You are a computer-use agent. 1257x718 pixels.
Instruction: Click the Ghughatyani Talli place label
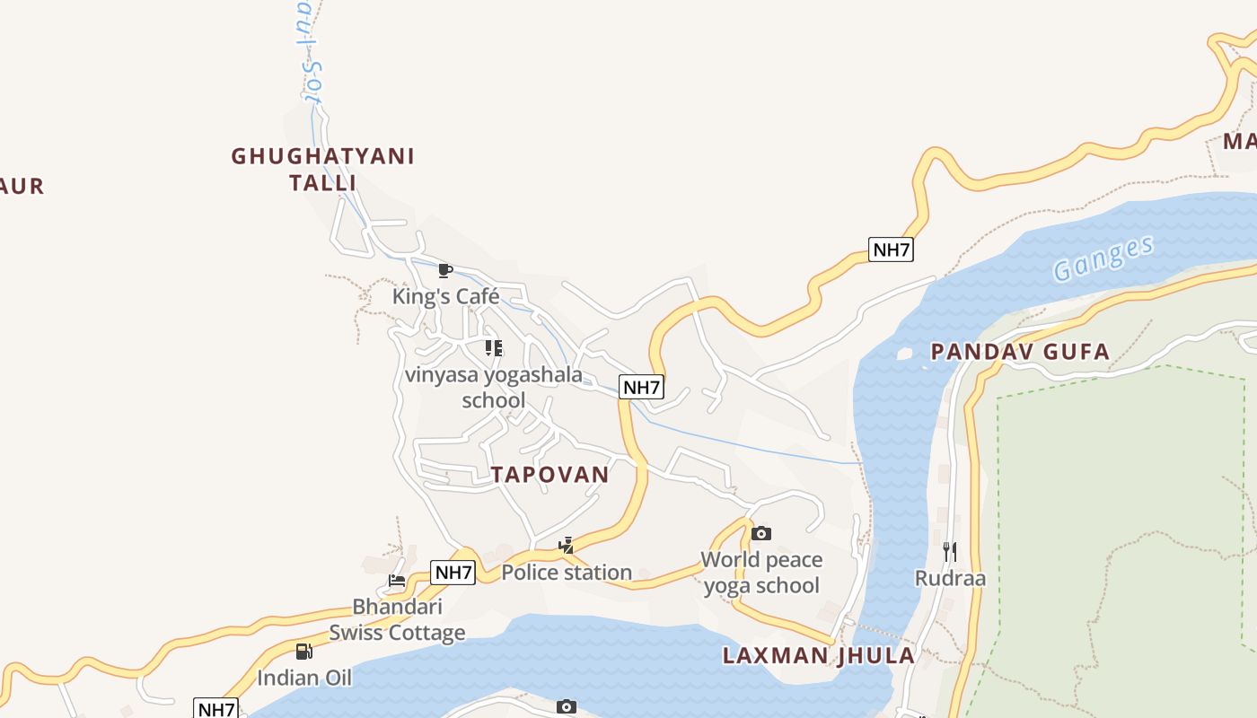tap(323, 169)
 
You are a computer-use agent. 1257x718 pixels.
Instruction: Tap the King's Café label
tap(445, 296)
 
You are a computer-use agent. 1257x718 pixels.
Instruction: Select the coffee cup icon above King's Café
tap(444, 270)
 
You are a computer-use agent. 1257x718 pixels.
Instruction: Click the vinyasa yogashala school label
tap(494, 387)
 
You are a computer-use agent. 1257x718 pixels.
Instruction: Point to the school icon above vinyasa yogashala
tap(493, 347)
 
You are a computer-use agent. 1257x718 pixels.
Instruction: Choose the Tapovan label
tap(549, 475)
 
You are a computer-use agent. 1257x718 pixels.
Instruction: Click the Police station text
tap(567, 572)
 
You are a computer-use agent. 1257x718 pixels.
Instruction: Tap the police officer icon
tap(566, 545)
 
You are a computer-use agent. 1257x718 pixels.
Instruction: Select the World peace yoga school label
tap(761, 573)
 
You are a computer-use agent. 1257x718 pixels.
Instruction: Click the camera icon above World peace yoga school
tap(760, 534)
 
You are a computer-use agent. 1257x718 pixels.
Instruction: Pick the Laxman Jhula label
tap(819, 655)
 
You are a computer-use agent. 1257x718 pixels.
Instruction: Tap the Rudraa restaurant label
tap(950, 578)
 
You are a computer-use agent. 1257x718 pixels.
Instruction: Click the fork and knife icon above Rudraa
tap(950, 551)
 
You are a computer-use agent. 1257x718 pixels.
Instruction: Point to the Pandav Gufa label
tap(1020, 351)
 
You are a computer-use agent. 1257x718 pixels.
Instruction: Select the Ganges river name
tap(1103, 258)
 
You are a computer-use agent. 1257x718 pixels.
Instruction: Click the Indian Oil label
tap(304, 678)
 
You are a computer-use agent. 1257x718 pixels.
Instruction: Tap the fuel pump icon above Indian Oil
tap(304, 652)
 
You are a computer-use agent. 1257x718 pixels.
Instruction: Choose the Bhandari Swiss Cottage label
tap(397, 619)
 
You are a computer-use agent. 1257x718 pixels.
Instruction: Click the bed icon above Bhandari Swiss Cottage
tap(397, 580)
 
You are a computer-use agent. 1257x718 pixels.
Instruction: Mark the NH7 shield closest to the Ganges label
tap(891, 250)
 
